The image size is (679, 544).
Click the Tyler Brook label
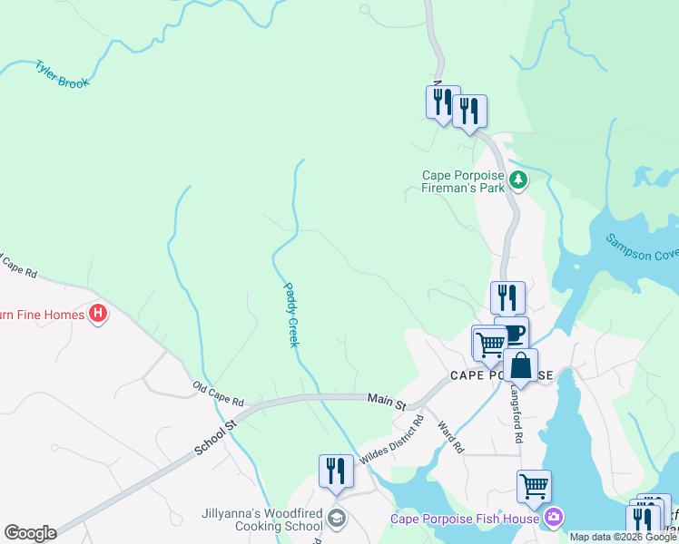[62, 75]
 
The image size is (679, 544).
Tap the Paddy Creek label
[291, 315]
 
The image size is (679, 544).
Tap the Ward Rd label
[451, 436]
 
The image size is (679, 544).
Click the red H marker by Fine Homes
[99, 315]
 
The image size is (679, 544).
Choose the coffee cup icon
[512, 333]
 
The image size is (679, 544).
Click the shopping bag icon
[521, 365]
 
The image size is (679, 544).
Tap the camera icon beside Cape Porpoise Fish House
[554, 518]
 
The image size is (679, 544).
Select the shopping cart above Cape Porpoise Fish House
[534, 485]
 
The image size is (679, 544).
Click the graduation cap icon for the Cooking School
[336, 519]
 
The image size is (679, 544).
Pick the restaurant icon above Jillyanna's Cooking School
[336, 471]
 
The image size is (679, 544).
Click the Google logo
[30, 533]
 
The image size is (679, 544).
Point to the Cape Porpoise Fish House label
[467, 519]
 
